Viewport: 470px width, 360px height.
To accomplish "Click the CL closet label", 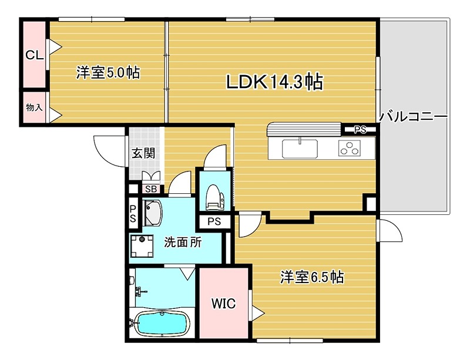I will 33,55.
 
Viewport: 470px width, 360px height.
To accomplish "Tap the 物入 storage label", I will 33,107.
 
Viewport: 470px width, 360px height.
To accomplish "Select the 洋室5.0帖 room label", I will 108,73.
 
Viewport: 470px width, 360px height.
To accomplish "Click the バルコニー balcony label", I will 413,116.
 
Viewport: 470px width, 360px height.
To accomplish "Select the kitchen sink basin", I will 300,149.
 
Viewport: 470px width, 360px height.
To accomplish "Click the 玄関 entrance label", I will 143,154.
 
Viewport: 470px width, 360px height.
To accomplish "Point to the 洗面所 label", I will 183,242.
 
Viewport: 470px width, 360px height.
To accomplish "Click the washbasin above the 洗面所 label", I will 152,213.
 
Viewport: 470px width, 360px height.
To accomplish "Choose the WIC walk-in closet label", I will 223,304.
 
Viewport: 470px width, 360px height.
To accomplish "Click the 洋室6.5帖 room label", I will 311,277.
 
